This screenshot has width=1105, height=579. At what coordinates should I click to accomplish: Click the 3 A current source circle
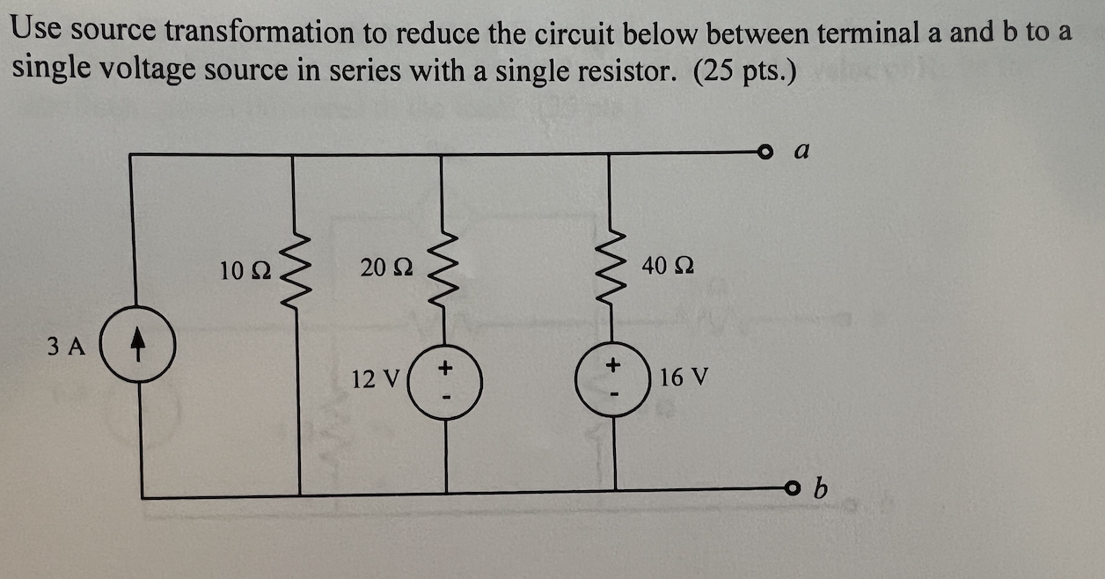(139, 348)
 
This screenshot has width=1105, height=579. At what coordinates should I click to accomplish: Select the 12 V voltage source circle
(445, 381)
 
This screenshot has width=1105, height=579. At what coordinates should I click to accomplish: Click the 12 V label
(376, 379)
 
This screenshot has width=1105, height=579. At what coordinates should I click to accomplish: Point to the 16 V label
(683, 377)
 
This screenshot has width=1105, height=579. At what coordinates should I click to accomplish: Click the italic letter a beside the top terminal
(801, 151)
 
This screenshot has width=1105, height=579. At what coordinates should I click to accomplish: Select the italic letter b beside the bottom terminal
(822, 487)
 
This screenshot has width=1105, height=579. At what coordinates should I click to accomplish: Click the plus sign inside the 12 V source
(445, 364)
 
